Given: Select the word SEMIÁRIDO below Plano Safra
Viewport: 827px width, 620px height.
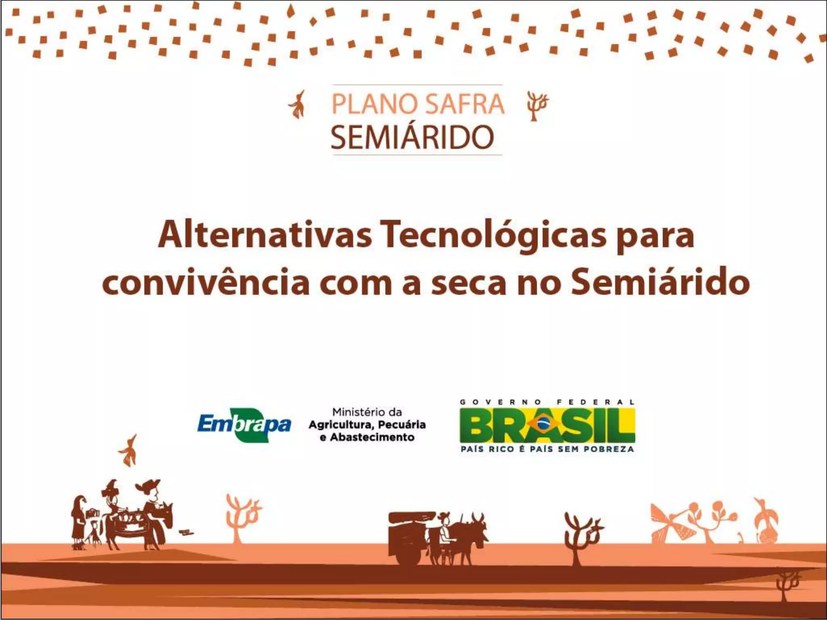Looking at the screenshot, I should click(412, 137).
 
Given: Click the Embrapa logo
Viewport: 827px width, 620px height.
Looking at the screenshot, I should click(244, 425).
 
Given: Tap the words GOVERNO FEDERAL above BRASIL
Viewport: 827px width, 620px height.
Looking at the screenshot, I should click(547, 402).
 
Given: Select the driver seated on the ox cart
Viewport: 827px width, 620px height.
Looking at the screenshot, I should click(444, 529).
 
